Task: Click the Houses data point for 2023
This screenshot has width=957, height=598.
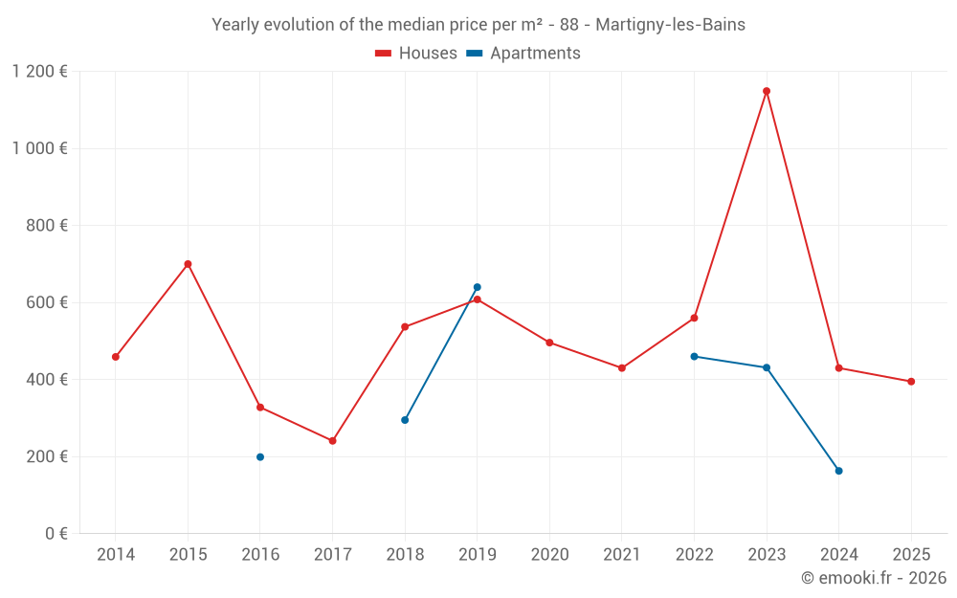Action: tap(767, 91)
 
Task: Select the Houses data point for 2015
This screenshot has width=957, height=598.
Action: tap(188, 264)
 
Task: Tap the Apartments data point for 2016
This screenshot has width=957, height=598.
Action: tap(260, 457)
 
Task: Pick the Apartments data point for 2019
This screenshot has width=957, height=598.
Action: tap(477, 287)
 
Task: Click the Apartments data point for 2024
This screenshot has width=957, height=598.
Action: tap(838, 471)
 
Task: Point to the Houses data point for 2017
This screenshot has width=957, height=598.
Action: tap(332, 441)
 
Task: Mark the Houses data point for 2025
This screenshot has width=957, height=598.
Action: tap(911, 382)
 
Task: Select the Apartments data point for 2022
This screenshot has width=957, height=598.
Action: tap(694, 356)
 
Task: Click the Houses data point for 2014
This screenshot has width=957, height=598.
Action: tap(116, 357)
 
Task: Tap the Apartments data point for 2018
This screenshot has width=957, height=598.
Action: tap(405, 420)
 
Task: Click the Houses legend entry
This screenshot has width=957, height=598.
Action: tap(416, 54)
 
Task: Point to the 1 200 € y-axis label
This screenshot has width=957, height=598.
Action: tap(39, 72)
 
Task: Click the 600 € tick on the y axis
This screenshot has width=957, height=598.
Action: tap(47, 302)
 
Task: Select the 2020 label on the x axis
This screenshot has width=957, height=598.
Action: tap(549, 555)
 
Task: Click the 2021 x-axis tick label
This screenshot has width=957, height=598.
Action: tap(622, 555)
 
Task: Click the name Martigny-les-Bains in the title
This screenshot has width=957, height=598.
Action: tap(670, 25)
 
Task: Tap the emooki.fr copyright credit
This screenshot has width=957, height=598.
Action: tap(874, 578)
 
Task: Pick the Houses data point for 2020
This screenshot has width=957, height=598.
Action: tap(549, 343)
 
